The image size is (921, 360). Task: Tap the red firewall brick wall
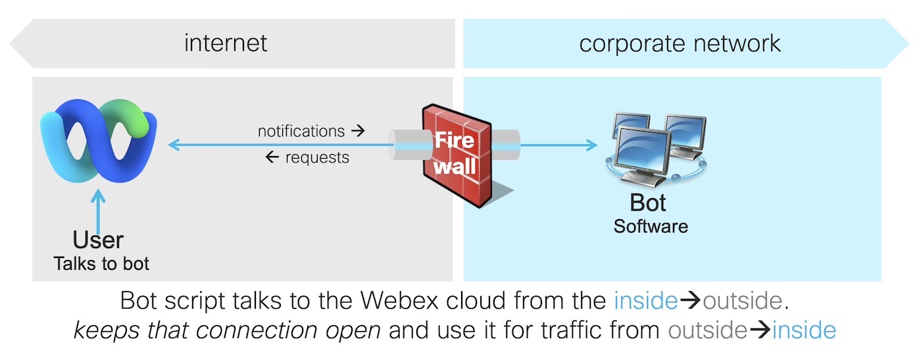[457, 152]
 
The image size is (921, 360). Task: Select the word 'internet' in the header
[226, 43]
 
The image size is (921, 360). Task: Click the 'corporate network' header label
[680, 43]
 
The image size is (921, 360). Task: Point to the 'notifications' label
[301, 131]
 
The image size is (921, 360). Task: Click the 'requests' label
[317, 158]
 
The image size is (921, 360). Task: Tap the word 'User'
[98, 240]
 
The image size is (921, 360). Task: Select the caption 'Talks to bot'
[101, 264]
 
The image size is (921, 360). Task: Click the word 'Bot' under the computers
[648, 202]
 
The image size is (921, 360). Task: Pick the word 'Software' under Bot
[651, 226]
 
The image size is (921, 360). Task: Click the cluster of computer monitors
[655, 147]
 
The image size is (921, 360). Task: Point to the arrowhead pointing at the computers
[592, 145]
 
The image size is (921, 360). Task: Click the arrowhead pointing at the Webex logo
[174, 145]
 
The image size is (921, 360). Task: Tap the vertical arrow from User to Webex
[98, 211]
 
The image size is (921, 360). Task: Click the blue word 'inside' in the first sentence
[645, 301]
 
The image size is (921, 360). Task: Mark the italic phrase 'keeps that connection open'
[227, 330]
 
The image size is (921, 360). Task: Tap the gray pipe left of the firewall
[405, 145]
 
